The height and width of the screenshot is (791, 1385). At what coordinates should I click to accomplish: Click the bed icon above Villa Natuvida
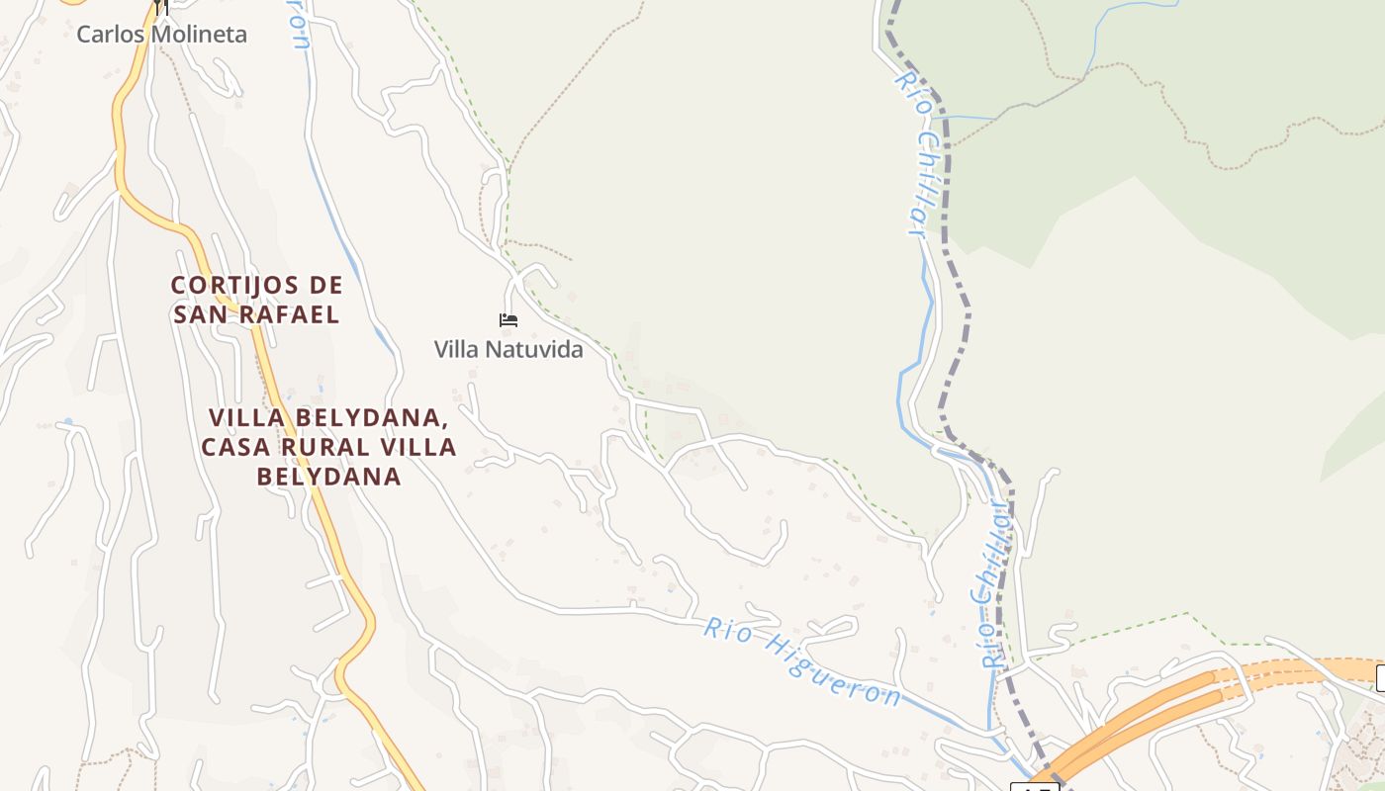click(508, 319)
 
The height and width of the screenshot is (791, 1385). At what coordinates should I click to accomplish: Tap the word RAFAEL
click(293, 315)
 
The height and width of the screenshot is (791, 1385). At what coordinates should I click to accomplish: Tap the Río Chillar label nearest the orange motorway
click(992, 583)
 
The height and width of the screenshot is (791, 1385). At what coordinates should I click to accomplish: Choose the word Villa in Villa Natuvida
click(456, 350)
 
